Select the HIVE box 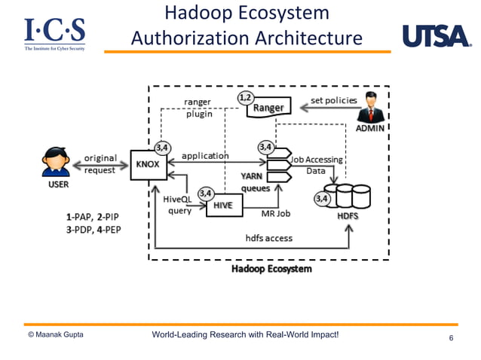[x=222, y=205]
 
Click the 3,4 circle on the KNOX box [x=162, y=147]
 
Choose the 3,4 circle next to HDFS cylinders [x=322, y=199]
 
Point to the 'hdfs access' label [x=268, y=238]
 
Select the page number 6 [x=451, y=338]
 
